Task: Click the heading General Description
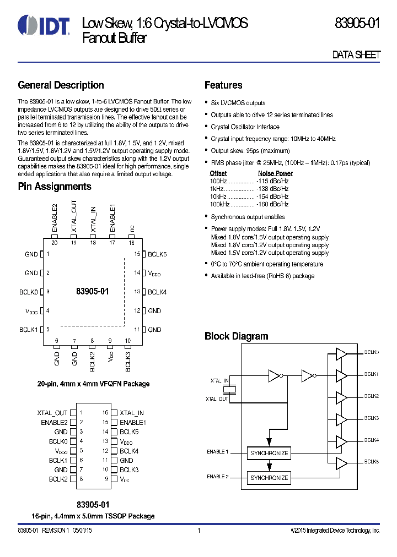61,85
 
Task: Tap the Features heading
223,85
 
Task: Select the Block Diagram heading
237,336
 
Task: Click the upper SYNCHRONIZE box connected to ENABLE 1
269,453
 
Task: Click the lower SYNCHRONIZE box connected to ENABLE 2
269,478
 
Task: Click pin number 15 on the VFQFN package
138,254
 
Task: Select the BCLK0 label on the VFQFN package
29,292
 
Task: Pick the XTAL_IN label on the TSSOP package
132,413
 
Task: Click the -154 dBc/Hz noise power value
272,196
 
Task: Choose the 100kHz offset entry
219,204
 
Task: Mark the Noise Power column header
275,173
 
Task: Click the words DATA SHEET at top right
356,55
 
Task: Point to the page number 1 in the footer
198,531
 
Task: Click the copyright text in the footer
335,531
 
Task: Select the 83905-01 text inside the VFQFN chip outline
93,292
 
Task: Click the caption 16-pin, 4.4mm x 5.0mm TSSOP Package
93,516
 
